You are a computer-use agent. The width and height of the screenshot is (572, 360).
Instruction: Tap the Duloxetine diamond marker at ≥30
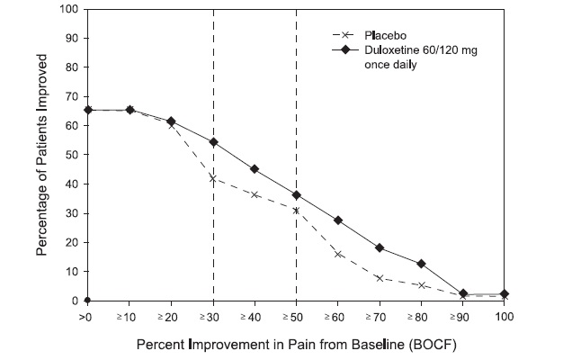click(x=213, y=142)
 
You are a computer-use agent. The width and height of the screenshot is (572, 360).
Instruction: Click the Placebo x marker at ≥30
click(x=213, y=178)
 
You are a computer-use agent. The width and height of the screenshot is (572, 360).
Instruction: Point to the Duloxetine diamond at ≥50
click(x=296, y=195)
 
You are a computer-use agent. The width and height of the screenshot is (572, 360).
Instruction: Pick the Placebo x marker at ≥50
click(x=296, y=211)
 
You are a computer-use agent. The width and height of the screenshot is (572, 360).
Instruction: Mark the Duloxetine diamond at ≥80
click(x=421, y=264)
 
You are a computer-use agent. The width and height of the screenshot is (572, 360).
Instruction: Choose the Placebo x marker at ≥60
click(x=338, y=254)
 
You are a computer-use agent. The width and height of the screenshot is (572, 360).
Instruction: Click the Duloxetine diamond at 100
click(x=505, y=293)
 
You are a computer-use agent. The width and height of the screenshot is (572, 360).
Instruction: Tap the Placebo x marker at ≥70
click(x=380, y=278)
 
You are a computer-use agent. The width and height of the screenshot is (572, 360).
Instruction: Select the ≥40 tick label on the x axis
click(x=255, y=317)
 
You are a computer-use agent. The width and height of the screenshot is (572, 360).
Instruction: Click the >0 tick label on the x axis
click(x=87, y=317)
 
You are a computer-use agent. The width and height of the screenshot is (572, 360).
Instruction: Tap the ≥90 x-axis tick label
click(x=462, y=317)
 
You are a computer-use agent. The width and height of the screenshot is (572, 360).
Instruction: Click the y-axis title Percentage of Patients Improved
click(x=42, y=155)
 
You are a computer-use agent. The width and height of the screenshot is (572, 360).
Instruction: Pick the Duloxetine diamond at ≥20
click(x=171, y=121)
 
